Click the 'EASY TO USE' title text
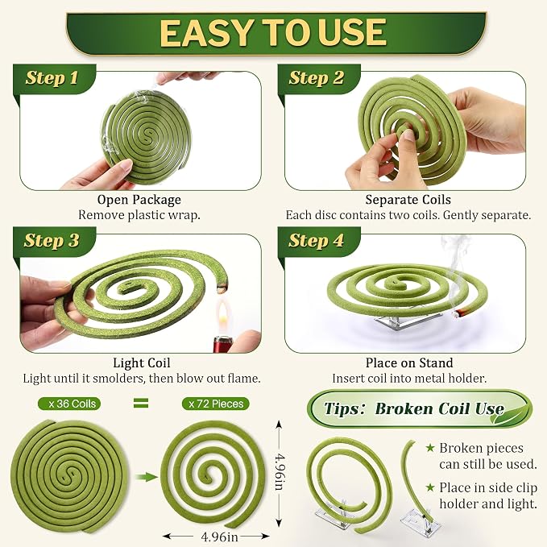click(x=273, y=32)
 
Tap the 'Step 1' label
click(x=52, y=77)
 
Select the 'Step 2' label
click(x=317, y=77)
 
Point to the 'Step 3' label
click(x=52, y=240)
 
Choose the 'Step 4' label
click(x=316, y=240)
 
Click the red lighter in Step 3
click(x=222, y=344)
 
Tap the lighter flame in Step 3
click(x=222, y=315)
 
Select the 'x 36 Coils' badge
click(x=69, y=404)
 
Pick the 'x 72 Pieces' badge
click(x=216, y=404)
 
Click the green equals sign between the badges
click(x=141, y=404)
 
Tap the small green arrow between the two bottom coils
click(x=147, y=477)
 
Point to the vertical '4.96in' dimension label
click(x=280, y=471)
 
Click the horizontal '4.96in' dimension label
click(x=219, y=537)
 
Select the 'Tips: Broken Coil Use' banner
click(x=420, y=408)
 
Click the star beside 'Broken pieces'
click(x=430, y=448)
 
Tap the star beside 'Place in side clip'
click(x=430, y=487)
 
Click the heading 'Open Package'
click(x=139, y=200)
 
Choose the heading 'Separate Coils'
click(x=408, y=200)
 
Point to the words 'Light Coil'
click(x=142, y=363)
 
